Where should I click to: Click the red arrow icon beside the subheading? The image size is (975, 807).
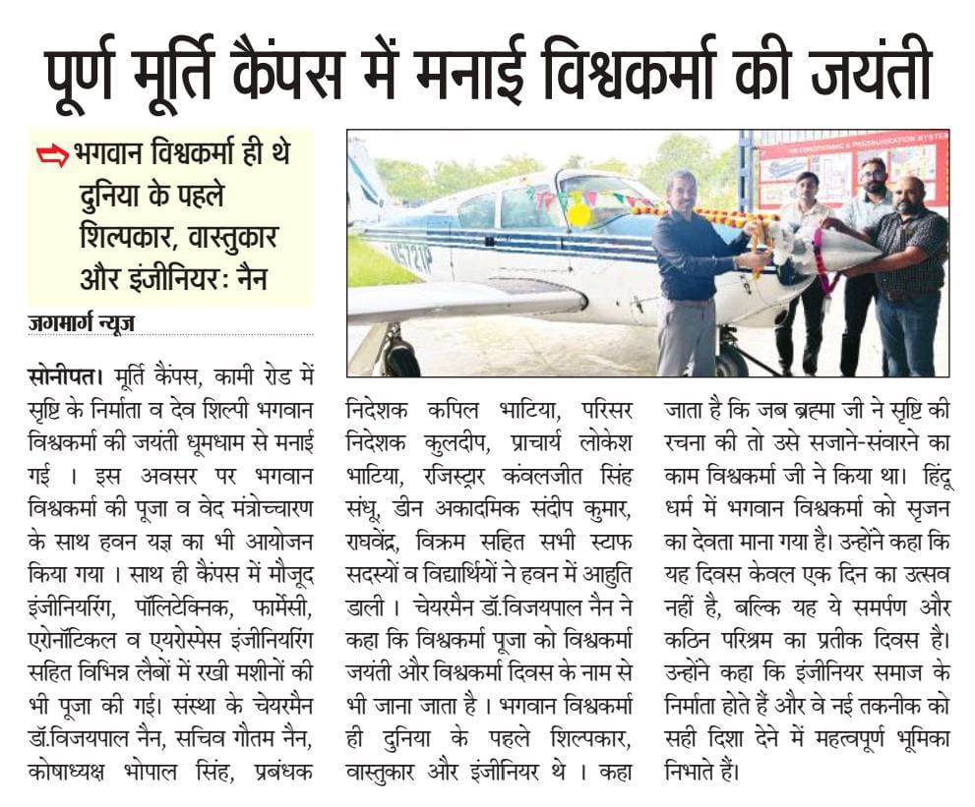(x=50, y=154)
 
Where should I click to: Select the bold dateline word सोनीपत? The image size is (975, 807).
(x=65, y=375)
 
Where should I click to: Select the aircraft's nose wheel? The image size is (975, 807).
(x=730, y=361)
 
